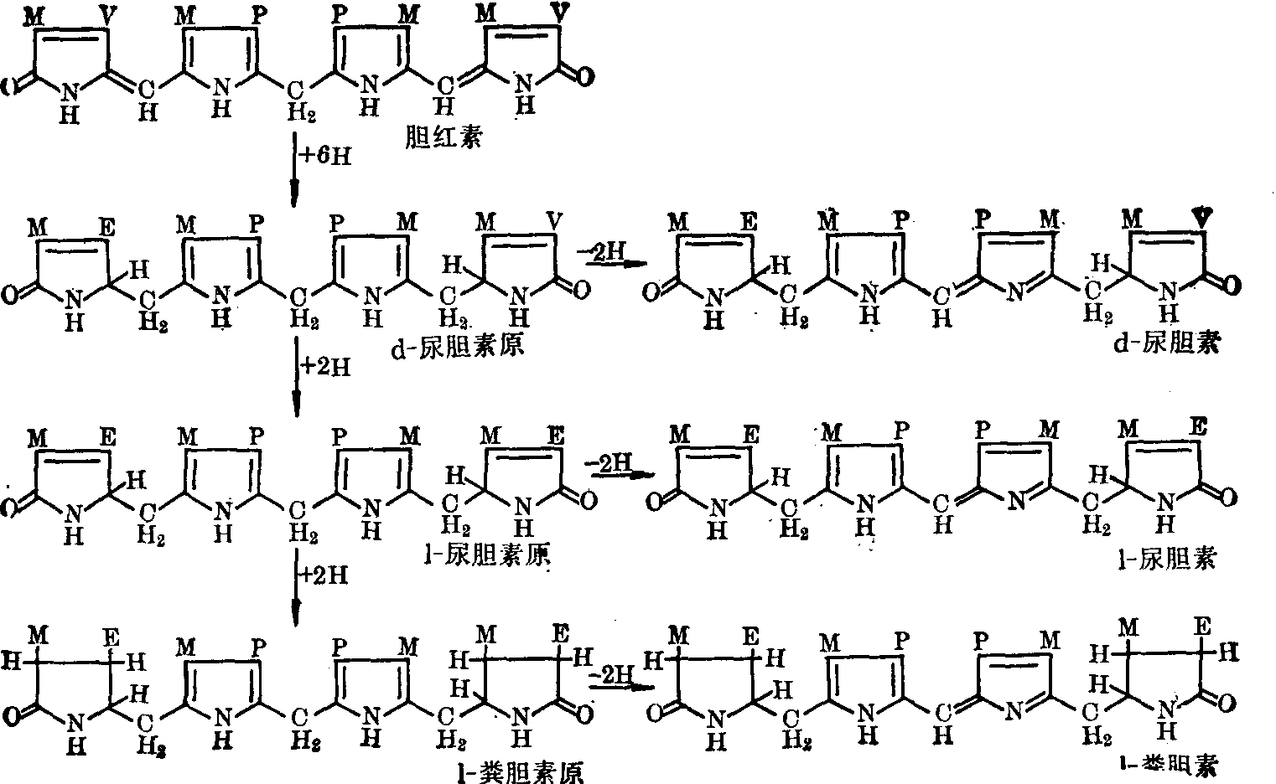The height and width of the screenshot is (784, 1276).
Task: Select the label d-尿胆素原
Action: (457, 343)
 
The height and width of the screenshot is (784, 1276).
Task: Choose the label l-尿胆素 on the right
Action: (1177, 557)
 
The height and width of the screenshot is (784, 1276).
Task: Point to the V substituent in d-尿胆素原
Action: (554, 220)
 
